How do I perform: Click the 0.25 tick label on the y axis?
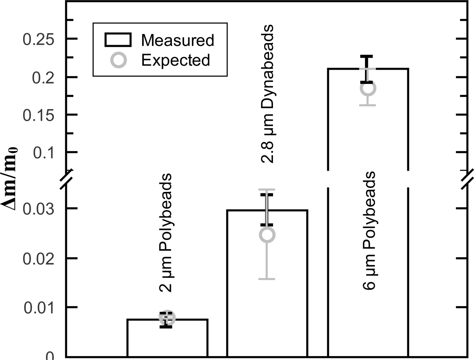[x=38, y=39]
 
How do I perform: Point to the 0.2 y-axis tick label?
[x=43, y=77]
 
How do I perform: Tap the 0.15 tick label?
[x=38, y=115]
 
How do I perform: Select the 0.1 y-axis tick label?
[x=43, y=153]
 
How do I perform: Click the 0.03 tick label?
[x=38, y=209]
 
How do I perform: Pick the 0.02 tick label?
[x=38, y=258]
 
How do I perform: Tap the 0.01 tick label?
[x=39, y=308]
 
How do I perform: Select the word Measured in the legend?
[x=177, y=40]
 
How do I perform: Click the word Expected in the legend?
[x=176, y=60]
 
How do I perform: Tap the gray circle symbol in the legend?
[x=118, y=60]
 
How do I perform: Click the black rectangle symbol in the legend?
[x=118, y=40]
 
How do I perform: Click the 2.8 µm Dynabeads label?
[x=267, y=94]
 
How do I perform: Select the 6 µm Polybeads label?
[x=369, y=230]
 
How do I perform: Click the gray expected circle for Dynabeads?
[x=267, y=235]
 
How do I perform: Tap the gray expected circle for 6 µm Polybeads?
[x=368, y=88]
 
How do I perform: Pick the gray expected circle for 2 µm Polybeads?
[x=167, y=318]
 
